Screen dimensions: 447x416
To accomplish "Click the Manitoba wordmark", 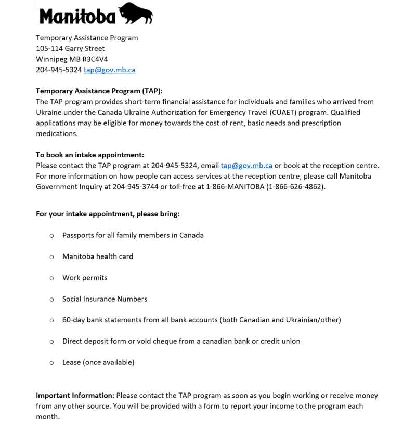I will pyautogui.click(x=77, y=17).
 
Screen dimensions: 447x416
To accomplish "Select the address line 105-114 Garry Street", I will pyautogui.click(x=70, y=48).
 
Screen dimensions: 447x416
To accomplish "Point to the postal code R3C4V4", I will pyautogui.click(x=95, y=59).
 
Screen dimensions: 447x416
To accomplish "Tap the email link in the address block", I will pyautogui.click(x=109, y=70).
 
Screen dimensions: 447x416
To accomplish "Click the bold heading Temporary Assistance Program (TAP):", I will pyautogui.click(x=99, y=91).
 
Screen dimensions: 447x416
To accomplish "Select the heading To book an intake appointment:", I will pyautogui.click(x=90, y=155).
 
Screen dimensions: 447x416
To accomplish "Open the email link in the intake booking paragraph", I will pyautogui.click(x=246, y=166).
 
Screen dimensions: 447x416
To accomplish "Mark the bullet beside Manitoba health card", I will pyautogui.click(x=51, y=257).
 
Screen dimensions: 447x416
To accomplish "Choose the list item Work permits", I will pyautogui.click(x=85, y=278).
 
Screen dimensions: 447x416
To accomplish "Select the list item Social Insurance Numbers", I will pyautogui.click(x=105, y=299).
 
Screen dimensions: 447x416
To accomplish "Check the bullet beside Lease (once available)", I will pyautogui.click(x=51, y=363).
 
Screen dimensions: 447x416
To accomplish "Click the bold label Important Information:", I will pyautogui.click(x=75, y=396).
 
